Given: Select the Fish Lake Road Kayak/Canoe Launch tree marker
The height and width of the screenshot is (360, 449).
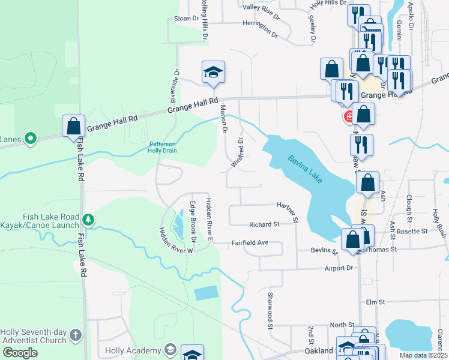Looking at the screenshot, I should pos(89,220).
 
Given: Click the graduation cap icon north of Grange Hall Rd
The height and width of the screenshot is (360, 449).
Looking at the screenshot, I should pos(213,73).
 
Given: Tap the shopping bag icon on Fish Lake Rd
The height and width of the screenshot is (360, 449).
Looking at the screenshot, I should pos(73,127).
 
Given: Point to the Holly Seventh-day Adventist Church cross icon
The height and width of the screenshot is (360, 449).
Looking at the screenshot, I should pos(75,334).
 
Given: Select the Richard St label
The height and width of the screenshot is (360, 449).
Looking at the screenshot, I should pos(265,224).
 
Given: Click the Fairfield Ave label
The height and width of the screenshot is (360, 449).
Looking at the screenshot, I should pos(250,243).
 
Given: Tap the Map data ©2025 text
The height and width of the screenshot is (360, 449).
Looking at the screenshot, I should pos(423,355).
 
